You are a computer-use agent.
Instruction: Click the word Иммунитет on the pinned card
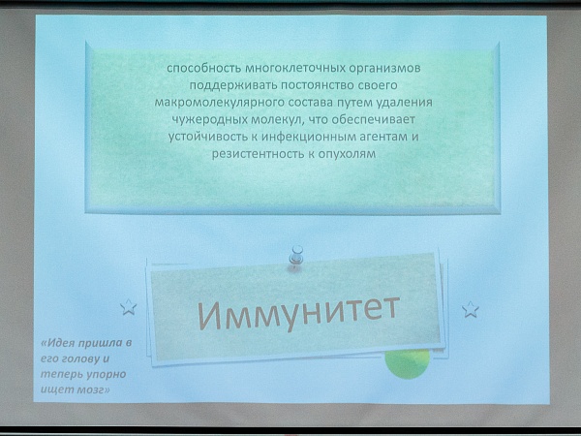point(298,313)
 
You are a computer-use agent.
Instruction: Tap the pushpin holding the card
point(296,256)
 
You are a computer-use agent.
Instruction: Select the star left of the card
point(129,307)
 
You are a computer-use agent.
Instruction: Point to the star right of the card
point(471,310)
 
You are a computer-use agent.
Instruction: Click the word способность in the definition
point(204,69)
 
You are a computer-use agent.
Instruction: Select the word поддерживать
point(233,85)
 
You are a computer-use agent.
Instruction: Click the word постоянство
point(319,85)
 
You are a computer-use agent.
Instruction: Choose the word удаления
point(404,103)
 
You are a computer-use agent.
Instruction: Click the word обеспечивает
point(373,120)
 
